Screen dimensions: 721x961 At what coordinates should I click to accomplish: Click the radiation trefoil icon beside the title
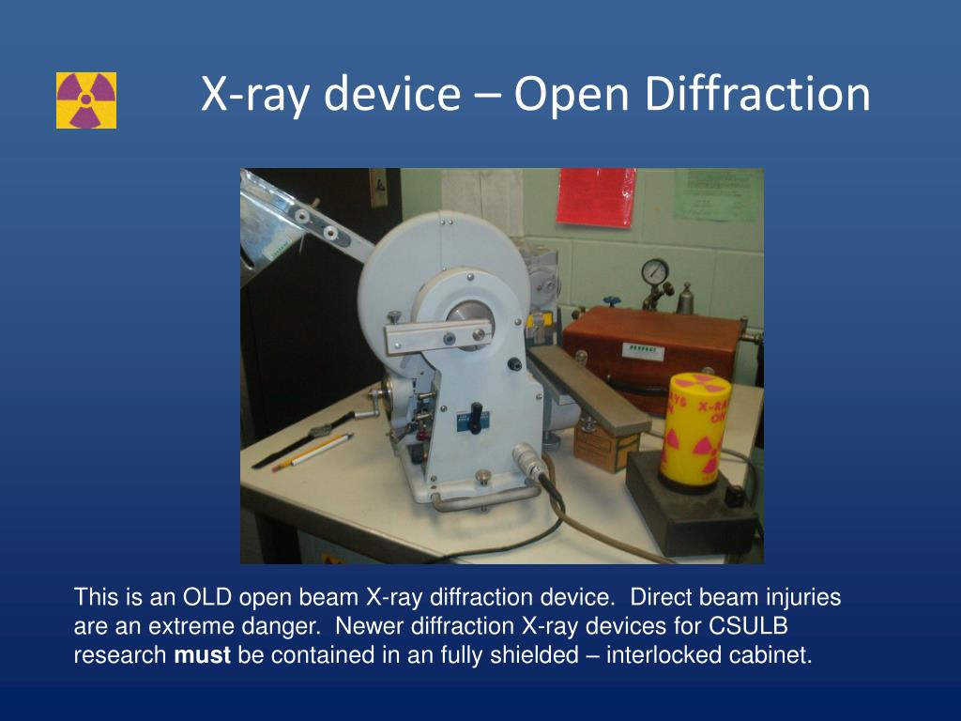point(86,100)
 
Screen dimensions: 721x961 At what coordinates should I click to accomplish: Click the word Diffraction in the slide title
point(758,95)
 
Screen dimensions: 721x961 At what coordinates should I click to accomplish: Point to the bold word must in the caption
point(202,655)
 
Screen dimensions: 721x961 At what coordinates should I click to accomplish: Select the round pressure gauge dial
point(655,271)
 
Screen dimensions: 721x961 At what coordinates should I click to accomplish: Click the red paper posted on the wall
point(595,196)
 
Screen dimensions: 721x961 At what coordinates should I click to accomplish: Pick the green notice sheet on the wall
point(715,194)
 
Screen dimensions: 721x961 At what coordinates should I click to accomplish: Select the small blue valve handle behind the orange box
point(612,302)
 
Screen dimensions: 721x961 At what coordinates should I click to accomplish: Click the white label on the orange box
point(645,350)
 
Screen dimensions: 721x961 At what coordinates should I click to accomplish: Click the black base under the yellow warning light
point(690,506)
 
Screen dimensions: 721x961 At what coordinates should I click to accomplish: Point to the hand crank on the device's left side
point(379,399)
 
